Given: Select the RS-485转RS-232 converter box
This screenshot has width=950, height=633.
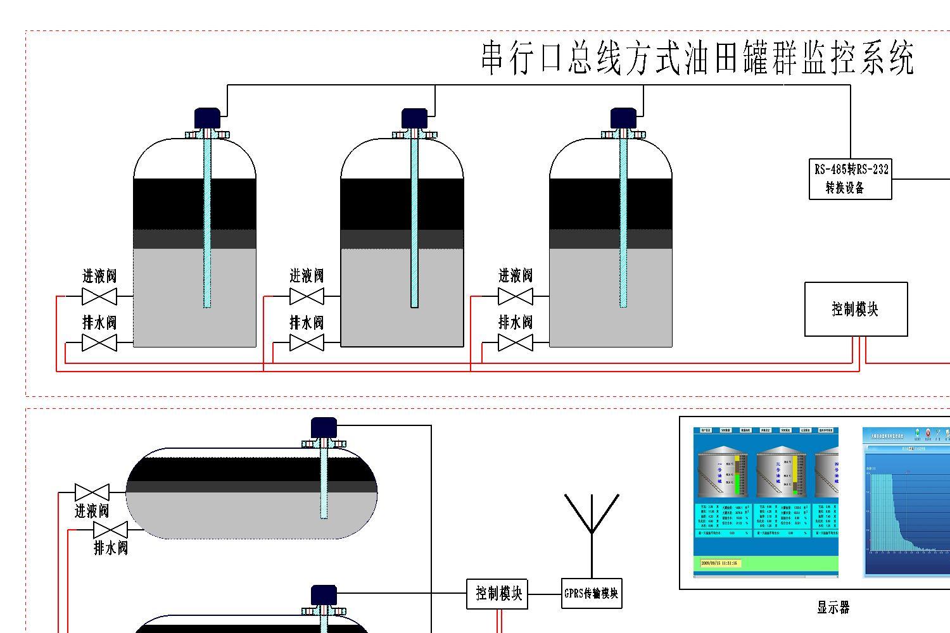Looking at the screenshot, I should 850,179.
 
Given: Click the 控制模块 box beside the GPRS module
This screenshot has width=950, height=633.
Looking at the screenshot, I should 498,594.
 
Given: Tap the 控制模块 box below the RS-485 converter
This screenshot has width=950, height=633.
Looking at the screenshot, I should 856,309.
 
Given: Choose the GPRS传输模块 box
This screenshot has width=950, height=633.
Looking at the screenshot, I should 592,594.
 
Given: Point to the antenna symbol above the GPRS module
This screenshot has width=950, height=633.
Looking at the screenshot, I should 592,516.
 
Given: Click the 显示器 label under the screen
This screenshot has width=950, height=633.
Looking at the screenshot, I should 832,608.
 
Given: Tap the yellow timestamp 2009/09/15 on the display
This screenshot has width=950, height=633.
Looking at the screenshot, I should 719,563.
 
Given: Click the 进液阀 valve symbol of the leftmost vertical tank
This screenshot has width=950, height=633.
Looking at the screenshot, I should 99,296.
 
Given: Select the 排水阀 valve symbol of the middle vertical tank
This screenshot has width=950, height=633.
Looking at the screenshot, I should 307,343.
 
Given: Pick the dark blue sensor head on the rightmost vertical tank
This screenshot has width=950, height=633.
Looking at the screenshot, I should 623,118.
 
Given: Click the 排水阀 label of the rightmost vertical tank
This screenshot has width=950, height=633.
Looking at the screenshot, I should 516,322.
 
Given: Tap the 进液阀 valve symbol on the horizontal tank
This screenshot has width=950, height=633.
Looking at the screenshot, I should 92,492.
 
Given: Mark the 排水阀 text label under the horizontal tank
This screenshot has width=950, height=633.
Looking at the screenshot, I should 111,548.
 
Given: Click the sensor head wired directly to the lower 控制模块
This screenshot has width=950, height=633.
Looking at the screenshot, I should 324,595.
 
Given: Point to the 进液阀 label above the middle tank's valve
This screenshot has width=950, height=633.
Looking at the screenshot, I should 307,276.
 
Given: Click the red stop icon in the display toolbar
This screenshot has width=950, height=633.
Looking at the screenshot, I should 928,433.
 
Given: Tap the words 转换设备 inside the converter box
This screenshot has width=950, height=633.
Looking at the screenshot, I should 845,188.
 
